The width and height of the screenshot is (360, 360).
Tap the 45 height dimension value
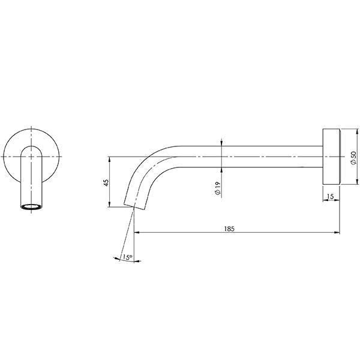[105, 182]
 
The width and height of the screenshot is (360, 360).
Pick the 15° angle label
[127, 257]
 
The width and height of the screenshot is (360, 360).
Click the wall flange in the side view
[331, 156]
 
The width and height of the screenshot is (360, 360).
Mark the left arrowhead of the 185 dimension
[136, 232]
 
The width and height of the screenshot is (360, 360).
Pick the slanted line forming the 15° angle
[127, 234]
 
